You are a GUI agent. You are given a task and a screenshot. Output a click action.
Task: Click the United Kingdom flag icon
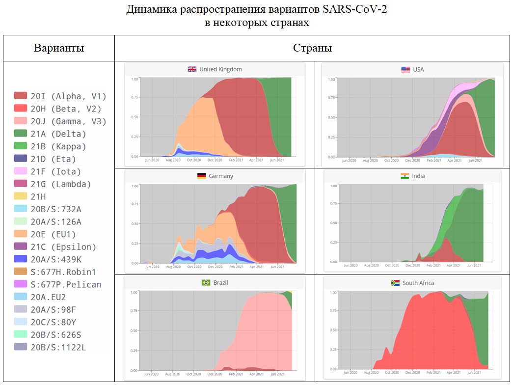tap(192, 69)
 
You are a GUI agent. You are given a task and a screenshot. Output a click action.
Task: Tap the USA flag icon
tap(405, 70)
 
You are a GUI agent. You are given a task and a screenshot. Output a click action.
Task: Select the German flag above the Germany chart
tap(202, 176)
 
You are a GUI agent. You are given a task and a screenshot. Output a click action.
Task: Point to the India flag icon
tap(405, 176)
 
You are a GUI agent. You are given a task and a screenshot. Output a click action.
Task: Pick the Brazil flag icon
tap(206, 282)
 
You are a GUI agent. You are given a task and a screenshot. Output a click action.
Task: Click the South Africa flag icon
tap(395, 283)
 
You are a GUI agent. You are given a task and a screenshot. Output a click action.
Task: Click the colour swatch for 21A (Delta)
tap(20, 134)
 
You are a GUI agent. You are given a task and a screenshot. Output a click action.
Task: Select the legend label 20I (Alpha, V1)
tap(68, 96)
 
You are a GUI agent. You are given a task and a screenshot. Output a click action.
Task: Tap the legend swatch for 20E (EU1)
tap(20, 234)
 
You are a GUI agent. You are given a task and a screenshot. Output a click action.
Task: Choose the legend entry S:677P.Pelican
tap(66, 284)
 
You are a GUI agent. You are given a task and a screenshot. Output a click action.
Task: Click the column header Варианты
tap(59, 48)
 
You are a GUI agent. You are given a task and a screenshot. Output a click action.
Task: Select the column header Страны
tap(312, 48)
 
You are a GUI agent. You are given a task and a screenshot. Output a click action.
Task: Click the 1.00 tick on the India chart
tap(333, 186)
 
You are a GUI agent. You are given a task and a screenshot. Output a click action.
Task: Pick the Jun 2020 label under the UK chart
tap(152, 160)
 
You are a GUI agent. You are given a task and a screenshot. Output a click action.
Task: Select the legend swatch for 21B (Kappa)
tap(20, 146)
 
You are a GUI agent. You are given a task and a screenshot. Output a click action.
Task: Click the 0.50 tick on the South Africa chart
tap(333, 330)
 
